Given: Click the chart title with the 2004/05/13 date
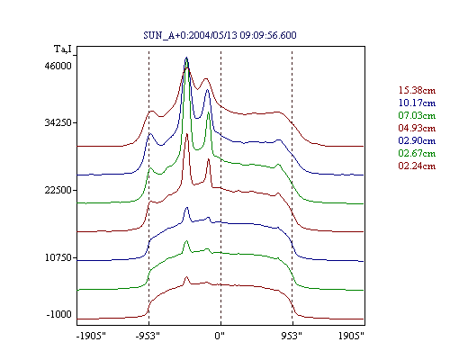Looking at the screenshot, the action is click(x=220, y=35).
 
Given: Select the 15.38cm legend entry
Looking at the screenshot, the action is click(x=417, y=90).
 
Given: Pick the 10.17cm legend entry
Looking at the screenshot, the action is click(x=417, y=103).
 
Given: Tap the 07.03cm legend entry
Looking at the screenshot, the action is click(x=417, y=115).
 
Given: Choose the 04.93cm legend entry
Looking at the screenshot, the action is click(x=417, y=128).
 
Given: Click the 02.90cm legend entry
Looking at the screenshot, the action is click(x=417, y=140).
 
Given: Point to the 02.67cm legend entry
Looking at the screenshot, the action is click(x=417, y=153).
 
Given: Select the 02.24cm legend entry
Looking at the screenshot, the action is click(x=417, y=166).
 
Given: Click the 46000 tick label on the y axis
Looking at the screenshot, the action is click(x=58, y=66).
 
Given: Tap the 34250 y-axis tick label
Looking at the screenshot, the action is click(x=58, y=122).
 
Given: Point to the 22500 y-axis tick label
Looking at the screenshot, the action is click(x=58, y=190).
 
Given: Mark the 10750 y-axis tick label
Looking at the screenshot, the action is click(x=58, y=257).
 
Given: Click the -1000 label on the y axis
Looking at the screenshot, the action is click(x=59, y=314).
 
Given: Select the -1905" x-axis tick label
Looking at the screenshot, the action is click(x=91, y=336).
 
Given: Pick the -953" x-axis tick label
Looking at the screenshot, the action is click(x=148, y=336).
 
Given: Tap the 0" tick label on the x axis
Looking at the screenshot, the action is click(x=220, y=336).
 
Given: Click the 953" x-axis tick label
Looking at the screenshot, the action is click(x=292, y=336).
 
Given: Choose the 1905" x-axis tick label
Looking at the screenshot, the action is click(x=351, y=336).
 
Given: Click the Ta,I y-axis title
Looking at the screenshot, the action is click(x=63, y=49).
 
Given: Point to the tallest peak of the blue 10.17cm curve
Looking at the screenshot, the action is click(x=186, y=58).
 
